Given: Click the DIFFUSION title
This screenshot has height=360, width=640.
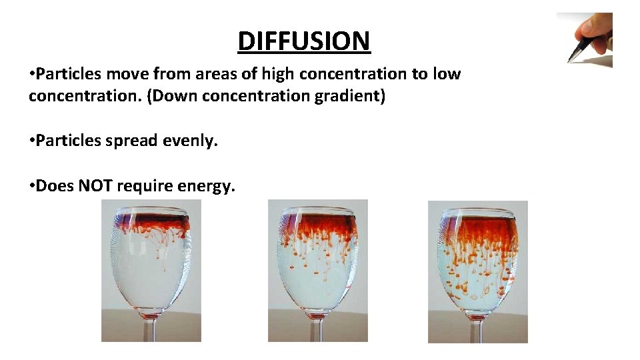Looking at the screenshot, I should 303,41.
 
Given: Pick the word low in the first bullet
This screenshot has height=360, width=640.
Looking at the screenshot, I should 446,74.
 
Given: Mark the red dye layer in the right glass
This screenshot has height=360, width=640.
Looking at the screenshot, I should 478,230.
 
